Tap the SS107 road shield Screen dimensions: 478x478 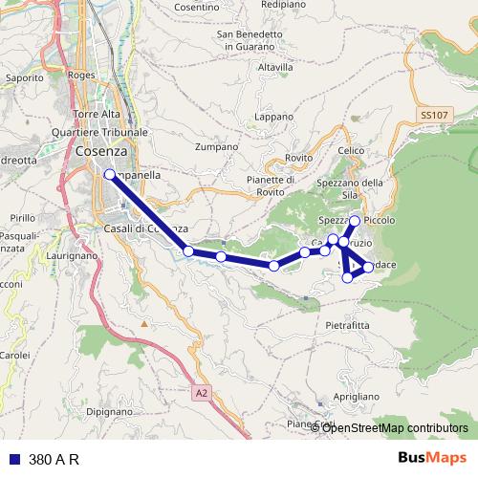tap(433, 115)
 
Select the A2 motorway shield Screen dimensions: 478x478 tap(200, 392)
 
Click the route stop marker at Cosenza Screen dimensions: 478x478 tap(109, 175)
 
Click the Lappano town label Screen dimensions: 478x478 tap(274, 117)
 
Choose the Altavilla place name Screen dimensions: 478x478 tap(275, 68)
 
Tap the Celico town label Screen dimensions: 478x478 tap(352, 151)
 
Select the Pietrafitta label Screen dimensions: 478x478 tap(347, 325)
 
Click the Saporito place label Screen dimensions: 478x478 tap(25, 77)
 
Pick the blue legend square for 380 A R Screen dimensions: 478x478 tap(14, 458)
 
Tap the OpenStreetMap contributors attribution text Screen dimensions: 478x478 tap(395, 427)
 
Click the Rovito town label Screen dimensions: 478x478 tap(299, 158)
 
